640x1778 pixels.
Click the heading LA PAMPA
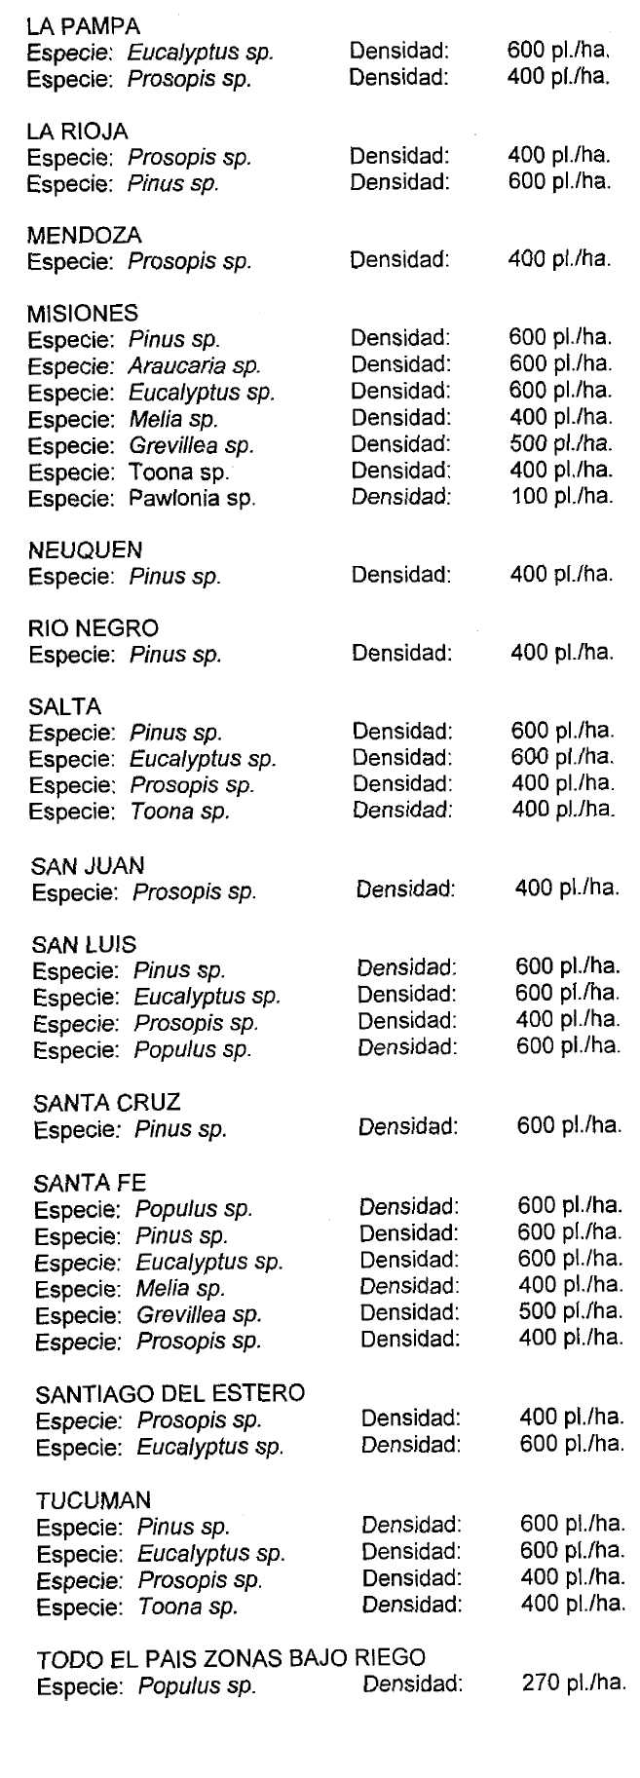(x=83, y=26)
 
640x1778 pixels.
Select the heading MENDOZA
(x=85, y=235)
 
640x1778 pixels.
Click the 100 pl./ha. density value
(x=562, y=496)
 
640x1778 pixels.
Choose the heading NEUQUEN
(x=85, y=549)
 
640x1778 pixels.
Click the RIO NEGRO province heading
(x=94, y=628)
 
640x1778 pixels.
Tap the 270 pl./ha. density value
(x=574, y=1683)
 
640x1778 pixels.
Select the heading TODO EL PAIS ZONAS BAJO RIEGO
(x=231, y=1657)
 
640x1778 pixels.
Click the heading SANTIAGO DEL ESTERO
(x=170, y=1393)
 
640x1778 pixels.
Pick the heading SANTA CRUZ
(x=107, y=1103)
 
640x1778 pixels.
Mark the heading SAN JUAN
(x=88, y=865)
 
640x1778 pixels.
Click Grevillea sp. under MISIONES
(x=191, y=446)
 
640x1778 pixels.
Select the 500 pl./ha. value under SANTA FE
(x=570, y=1311)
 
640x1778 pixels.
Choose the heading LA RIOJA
(x=78, y=131)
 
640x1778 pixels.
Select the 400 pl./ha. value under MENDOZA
(x=560, y=259)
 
